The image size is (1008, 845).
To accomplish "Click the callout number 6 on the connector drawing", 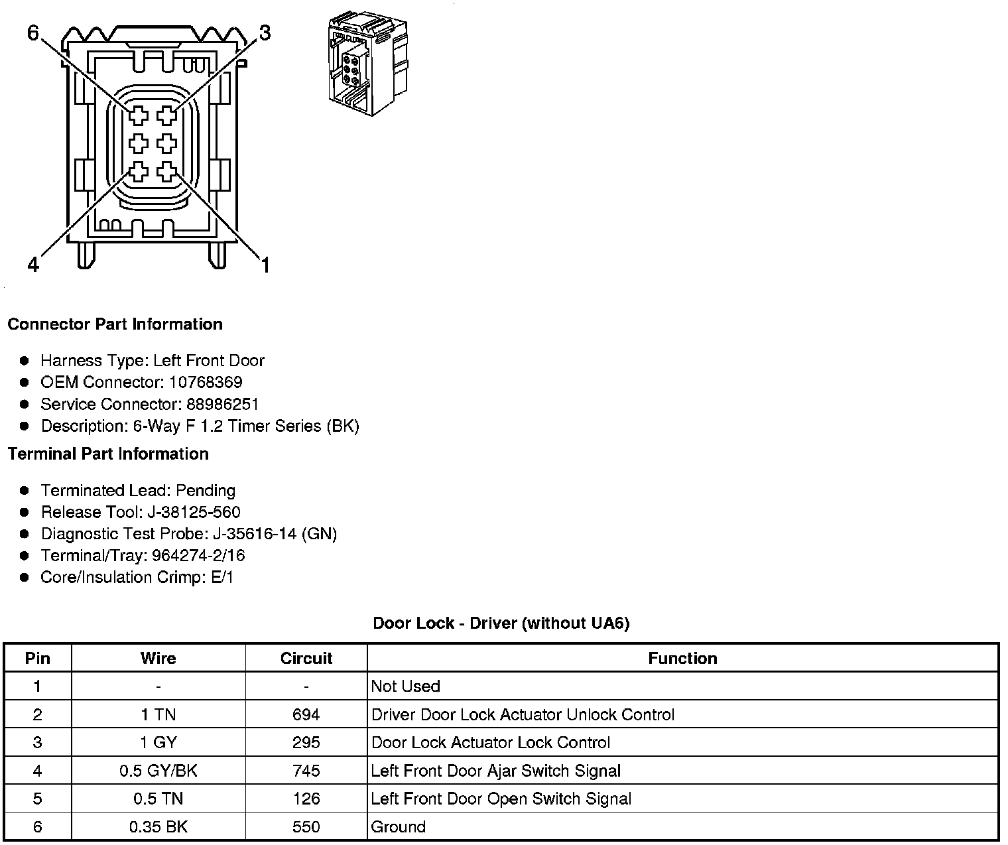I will point(34,32).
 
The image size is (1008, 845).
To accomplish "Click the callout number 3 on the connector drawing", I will point(265,32).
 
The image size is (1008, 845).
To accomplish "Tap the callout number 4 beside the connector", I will point(33,265).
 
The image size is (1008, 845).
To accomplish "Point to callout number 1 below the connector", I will point(265,266).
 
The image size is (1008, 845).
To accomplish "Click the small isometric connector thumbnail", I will point(367,65).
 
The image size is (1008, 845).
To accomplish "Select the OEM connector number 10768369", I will point(206,382).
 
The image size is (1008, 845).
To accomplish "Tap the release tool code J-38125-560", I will point(195,512).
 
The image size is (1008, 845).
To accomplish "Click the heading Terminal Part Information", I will point(108,454).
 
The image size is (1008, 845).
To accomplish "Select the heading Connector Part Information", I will point(115,324).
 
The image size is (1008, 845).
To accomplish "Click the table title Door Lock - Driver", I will point(501,623).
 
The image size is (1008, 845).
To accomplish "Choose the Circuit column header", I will point(306,658).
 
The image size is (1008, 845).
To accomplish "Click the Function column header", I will point(682,658).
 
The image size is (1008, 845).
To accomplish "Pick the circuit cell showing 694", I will point(306,714).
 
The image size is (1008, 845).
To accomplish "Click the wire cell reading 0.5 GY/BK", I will point(158,771).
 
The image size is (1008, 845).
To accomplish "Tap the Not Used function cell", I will point(405,686).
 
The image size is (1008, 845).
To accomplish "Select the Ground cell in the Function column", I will point(399,826).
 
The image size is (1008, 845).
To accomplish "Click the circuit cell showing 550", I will point(306,826).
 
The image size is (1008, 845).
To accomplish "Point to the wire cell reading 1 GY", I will point(158,742).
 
